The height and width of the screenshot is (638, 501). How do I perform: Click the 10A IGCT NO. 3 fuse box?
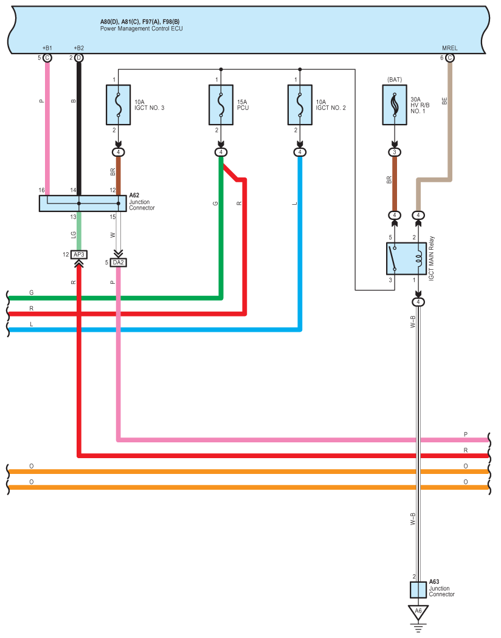[119, 105]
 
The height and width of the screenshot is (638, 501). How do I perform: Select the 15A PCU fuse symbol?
[221, 105]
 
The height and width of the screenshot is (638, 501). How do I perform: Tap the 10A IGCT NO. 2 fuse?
[300, 105]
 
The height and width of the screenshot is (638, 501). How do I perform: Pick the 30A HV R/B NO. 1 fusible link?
[395, 105]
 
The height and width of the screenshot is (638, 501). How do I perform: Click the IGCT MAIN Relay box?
[407, 258]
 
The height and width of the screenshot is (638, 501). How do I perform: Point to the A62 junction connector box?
[83, 204]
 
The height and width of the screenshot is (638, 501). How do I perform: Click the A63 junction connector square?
[418, 590]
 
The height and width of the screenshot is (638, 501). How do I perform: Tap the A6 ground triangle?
[418, 612]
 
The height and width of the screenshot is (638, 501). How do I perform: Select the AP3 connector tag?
[79, 255]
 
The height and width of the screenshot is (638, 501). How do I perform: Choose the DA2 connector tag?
[119, 262]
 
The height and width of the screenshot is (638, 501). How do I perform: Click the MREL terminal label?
[450, 48]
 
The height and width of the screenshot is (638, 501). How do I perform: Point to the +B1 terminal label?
[47, 48]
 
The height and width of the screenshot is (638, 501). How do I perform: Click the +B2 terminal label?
[79, 48]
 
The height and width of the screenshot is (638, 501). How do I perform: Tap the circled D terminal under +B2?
[79, 58]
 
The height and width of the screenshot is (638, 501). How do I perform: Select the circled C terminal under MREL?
[450, 58]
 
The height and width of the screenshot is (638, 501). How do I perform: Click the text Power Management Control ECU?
[141, 29]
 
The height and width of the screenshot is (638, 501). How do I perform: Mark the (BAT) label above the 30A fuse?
[395, 80]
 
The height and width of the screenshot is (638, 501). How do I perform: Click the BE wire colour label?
[444, 101]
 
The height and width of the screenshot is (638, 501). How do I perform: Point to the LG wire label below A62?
[73, 235]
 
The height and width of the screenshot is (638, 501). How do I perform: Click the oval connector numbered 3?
[395, 152]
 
